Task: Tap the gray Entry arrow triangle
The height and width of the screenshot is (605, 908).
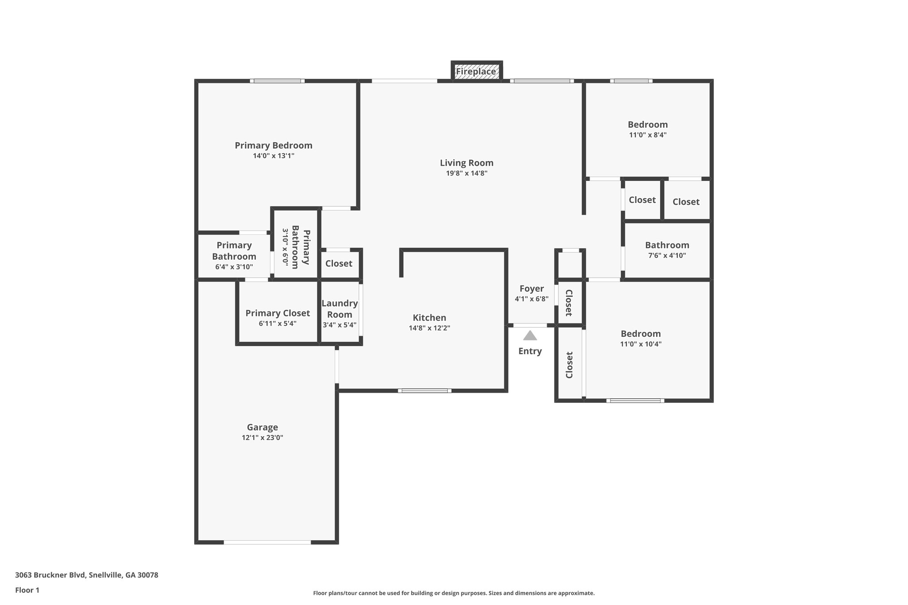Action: click(x=530, y=336)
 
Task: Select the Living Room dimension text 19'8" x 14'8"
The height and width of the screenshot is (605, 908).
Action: click(x=466, y=173)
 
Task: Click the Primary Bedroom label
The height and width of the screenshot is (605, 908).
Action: click(x=274, y=145)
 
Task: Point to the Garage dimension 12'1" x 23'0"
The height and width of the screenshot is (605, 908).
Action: click(x=262, y=437)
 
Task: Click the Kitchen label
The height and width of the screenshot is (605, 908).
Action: click(x=429, y=318)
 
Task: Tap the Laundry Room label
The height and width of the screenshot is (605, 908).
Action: click(x=340, y=309)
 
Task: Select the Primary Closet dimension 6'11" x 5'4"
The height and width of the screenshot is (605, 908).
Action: click(x=278, y=324)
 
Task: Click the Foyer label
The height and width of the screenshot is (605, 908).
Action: click(x=532, y=289)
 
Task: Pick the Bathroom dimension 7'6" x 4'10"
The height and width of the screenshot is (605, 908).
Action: click(x=667, y=255)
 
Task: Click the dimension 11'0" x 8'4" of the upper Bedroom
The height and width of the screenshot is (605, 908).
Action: click(x=648, y=135)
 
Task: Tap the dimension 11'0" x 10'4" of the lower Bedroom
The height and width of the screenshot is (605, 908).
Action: click(x=641, y=344)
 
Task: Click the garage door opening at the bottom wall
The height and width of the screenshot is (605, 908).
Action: click(x=267, y=542)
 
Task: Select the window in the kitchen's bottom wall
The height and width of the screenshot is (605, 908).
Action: click(x=425, y=391)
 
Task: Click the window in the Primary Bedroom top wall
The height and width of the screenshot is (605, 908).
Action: click(x=277, y=81)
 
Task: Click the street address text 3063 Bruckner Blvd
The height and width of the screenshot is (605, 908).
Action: click(x=86, y=575)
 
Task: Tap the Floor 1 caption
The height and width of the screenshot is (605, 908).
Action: click(x=27, y=590)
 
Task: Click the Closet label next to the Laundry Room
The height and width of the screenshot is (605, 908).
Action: click(x=339, y=264)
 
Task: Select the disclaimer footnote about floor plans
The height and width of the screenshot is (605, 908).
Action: click(x=454, y=593)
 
